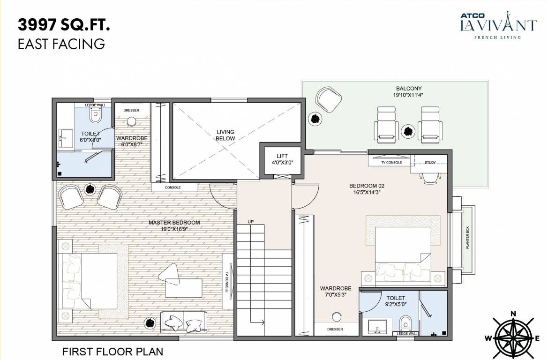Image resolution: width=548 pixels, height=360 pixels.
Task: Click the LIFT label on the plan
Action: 282,156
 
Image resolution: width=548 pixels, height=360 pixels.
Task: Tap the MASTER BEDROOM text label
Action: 174,223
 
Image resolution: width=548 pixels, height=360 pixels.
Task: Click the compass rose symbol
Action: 514,336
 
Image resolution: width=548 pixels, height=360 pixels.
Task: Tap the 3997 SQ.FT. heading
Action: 64,25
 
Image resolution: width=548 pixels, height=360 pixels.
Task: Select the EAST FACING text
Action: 61,44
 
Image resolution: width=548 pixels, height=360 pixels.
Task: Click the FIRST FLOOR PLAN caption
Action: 113,351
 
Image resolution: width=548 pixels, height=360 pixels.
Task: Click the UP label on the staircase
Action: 251,221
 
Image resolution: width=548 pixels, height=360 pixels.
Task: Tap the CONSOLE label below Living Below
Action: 173,187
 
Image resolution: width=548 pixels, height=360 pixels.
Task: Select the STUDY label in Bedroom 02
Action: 429,163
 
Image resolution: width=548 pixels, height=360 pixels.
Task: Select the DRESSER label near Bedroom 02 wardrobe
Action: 335,330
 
